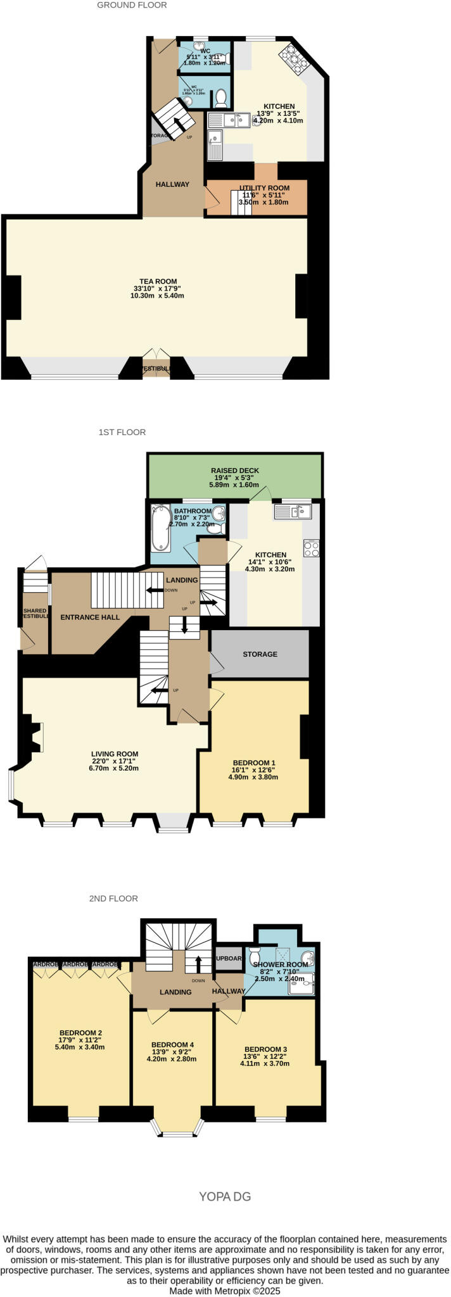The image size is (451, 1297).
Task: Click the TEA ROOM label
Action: pyautogui.click(x=158, y=281)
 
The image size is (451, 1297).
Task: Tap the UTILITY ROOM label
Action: pyautogui.click(x=264, y=188)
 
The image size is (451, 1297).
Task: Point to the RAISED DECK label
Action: pyautogui.click(x=235, y=471)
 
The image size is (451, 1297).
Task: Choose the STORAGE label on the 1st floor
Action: pyautogui.click(x=260, y=654)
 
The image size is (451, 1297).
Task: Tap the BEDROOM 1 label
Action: pyautogui.click(x=254, y=762)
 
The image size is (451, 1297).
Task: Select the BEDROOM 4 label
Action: pyautogui.click(x=172, y=1045)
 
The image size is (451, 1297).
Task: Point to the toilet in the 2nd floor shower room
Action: pyautogui.click(x=255, y=954)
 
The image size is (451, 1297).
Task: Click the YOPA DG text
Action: pyautogui.click(x=225, y=1196)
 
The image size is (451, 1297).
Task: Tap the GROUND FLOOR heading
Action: pyautogui.click(x=132, y=5)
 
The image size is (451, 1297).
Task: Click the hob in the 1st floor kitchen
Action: pyautogui.click(x=312, y=548)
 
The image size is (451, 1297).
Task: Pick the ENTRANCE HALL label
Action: pyautogui.click(x=91, y=617)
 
